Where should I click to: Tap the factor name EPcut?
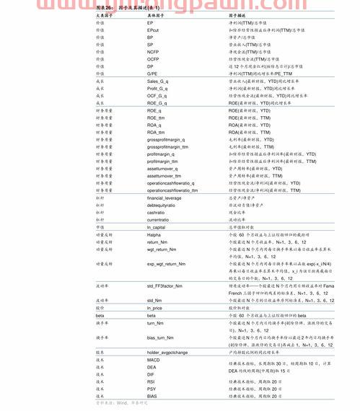click(x=153, y=30)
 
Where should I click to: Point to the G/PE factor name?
click(x=152, y=74)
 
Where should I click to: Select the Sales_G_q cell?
click(x=159, y=81)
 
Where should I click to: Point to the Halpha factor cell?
click(x=154, y=235)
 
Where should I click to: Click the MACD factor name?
click(x=153, y=359)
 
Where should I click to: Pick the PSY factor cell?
click(x=152, y=389)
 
